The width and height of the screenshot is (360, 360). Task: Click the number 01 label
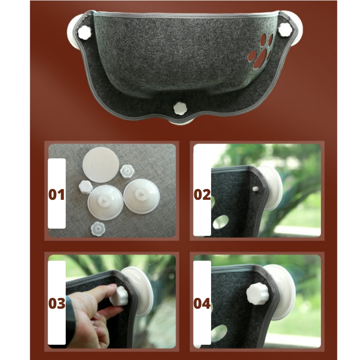pos(57,194)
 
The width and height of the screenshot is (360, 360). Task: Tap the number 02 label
pos(202,194)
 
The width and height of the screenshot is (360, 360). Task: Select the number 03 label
pos(57,303)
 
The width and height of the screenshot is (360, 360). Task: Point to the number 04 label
pos(202,303)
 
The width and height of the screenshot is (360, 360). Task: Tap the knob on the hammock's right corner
pos(285,29)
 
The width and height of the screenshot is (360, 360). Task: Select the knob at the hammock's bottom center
pos(180,108)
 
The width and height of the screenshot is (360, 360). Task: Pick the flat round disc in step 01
pos(100,165)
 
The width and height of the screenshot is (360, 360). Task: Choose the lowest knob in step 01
pos(98,229)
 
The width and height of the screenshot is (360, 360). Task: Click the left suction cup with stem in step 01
pos(105,202)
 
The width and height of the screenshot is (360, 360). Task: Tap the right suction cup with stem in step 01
pos(141,197)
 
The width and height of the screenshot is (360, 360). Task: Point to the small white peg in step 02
pos(255,189)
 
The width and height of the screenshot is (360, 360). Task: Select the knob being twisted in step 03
pos(118,296)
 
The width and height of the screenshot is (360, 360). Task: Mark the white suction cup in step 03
pos(139,291)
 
